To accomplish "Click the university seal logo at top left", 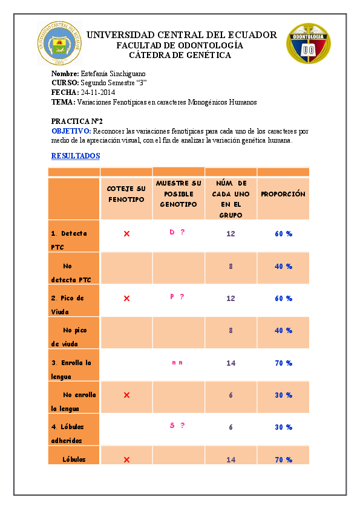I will pos(59,43).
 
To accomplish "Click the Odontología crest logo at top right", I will pos(309,44).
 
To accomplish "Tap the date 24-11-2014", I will pos(97,92).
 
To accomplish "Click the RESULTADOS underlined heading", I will pos(76,156).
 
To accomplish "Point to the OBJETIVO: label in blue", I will pos(71,131).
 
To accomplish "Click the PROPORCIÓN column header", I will pos(283,194).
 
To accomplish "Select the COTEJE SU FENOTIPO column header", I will pos(126,194).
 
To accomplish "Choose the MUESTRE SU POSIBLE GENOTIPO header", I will pos(178,194).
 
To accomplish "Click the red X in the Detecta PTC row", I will pos(126,233).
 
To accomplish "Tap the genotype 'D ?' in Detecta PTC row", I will pos(177,232).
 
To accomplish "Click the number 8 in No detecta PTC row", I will pos(231,266).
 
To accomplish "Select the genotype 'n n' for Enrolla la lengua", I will pos(177,363).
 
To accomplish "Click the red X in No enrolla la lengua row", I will pos(126,395).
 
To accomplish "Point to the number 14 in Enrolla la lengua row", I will pos(231,363).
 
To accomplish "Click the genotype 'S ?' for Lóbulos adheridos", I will pos(177,426).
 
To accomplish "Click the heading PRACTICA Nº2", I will pos(76,121).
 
